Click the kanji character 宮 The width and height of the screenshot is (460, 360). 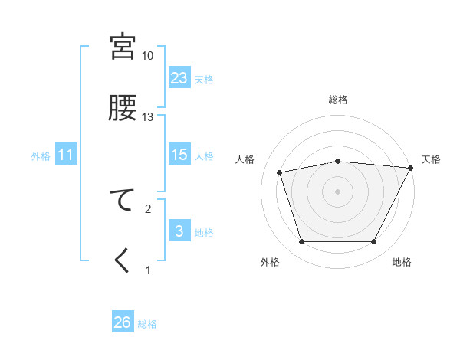click(123, 47)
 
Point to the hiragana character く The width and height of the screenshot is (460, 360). click(123, 260)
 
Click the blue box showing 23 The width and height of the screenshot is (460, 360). click(179, 78)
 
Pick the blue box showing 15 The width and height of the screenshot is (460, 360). click(179, 155)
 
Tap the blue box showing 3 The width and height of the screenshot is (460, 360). click(179, 231)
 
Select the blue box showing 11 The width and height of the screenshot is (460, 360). click(66, 155)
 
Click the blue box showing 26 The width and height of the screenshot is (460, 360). click(123, 322)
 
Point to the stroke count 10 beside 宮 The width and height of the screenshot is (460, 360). click(147, 56)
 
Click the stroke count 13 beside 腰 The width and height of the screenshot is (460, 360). click(147, 117)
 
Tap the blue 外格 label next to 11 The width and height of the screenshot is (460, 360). click(41, 156)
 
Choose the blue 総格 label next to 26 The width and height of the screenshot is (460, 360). click(147, 324)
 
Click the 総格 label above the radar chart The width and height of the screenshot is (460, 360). click(337, 100)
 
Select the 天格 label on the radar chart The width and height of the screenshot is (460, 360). click(431, 159)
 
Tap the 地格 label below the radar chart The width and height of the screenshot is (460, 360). click(402, 262)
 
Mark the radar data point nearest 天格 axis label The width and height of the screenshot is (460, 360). click(410, 168)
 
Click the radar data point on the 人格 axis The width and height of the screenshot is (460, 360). click(280, 172)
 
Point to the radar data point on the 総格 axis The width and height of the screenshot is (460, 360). click(337, 161)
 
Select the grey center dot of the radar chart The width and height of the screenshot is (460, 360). click(337, 191)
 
